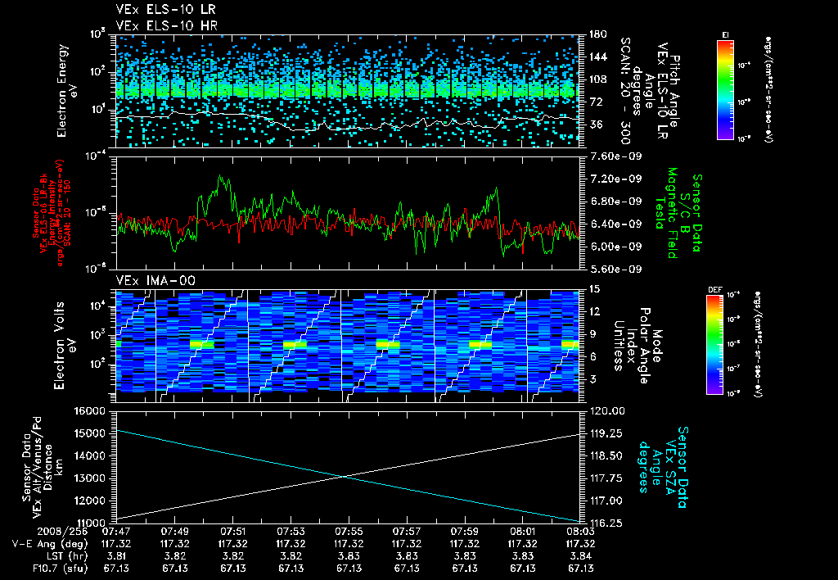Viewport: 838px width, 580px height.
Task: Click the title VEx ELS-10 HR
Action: click(159, 25)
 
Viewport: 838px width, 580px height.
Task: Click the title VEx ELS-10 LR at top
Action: click(159, 10)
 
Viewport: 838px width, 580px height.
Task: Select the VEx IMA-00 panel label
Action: click(148, 281)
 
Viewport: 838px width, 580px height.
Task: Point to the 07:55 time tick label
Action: click(349, 530)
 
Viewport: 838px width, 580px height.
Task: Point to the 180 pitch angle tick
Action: click(595, 34)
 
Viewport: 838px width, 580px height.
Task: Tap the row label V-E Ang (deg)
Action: click(43, 543)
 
